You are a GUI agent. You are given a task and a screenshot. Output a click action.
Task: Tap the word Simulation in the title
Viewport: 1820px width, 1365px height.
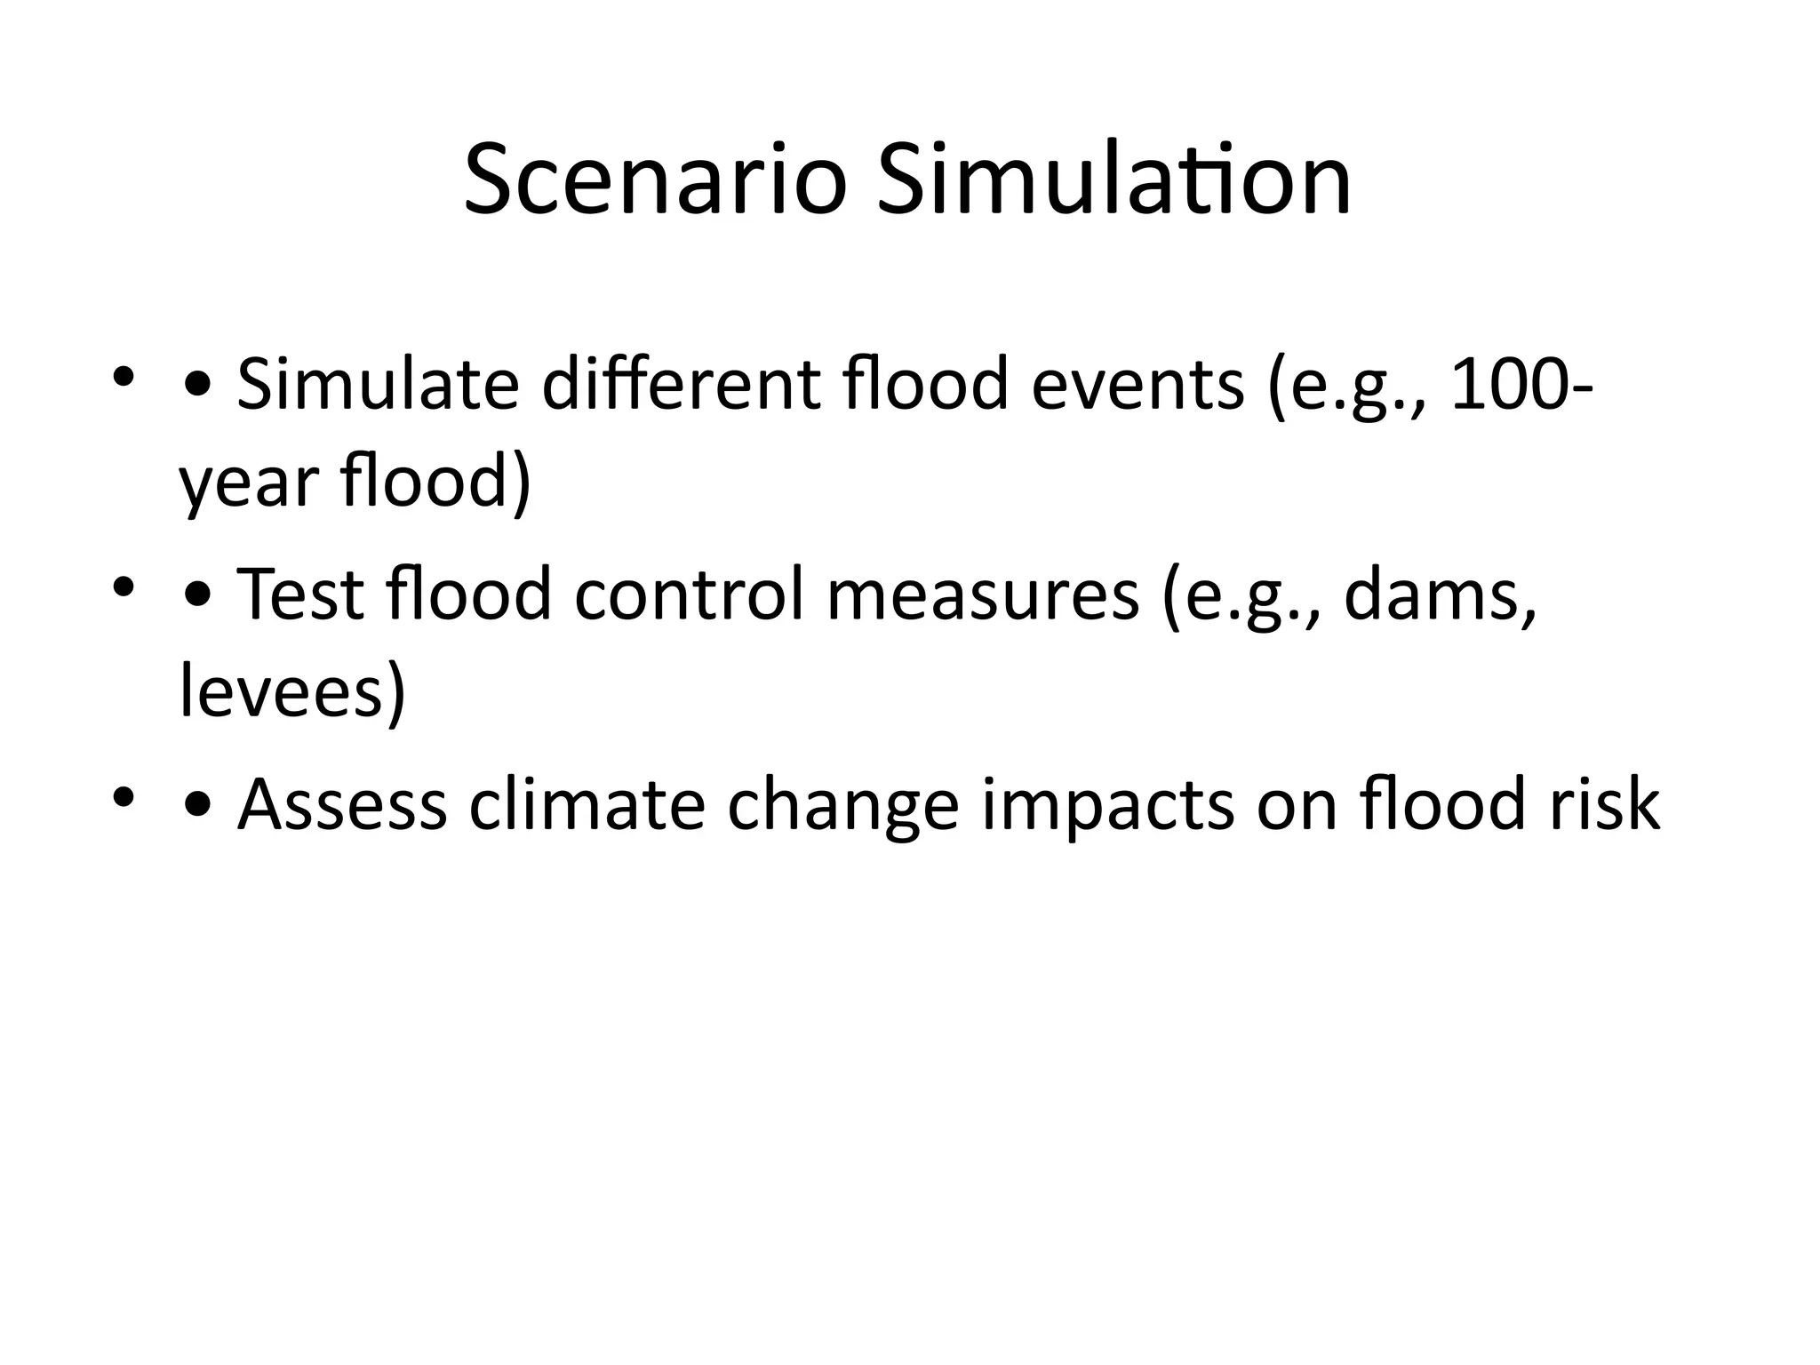(1114, 181)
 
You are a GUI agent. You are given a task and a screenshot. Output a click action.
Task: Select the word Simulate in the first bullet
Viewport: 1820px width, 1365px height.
(378, 384)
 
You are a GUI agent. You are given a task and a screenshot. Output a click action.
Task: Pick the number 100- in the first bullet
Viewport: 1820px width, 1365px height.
(1521, 384)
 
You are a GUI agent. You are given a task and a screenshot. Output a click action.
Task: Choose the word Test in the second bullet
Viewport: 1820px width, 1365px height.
(300, 594)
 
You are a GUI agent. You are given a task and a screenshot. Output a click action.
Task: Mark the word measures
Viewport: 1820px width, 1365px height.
(983, 594)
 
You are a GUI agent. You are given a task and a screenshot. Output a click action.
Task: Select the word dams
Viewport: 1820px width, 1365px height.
(1440, 594)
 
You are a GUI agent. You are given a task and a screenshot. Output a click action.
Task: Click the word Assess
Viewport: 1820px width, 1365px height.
(342, 804)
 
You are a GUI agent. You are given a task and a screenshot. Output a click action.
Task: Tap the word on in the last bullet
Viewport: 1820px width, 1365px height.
(1297, 804)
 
